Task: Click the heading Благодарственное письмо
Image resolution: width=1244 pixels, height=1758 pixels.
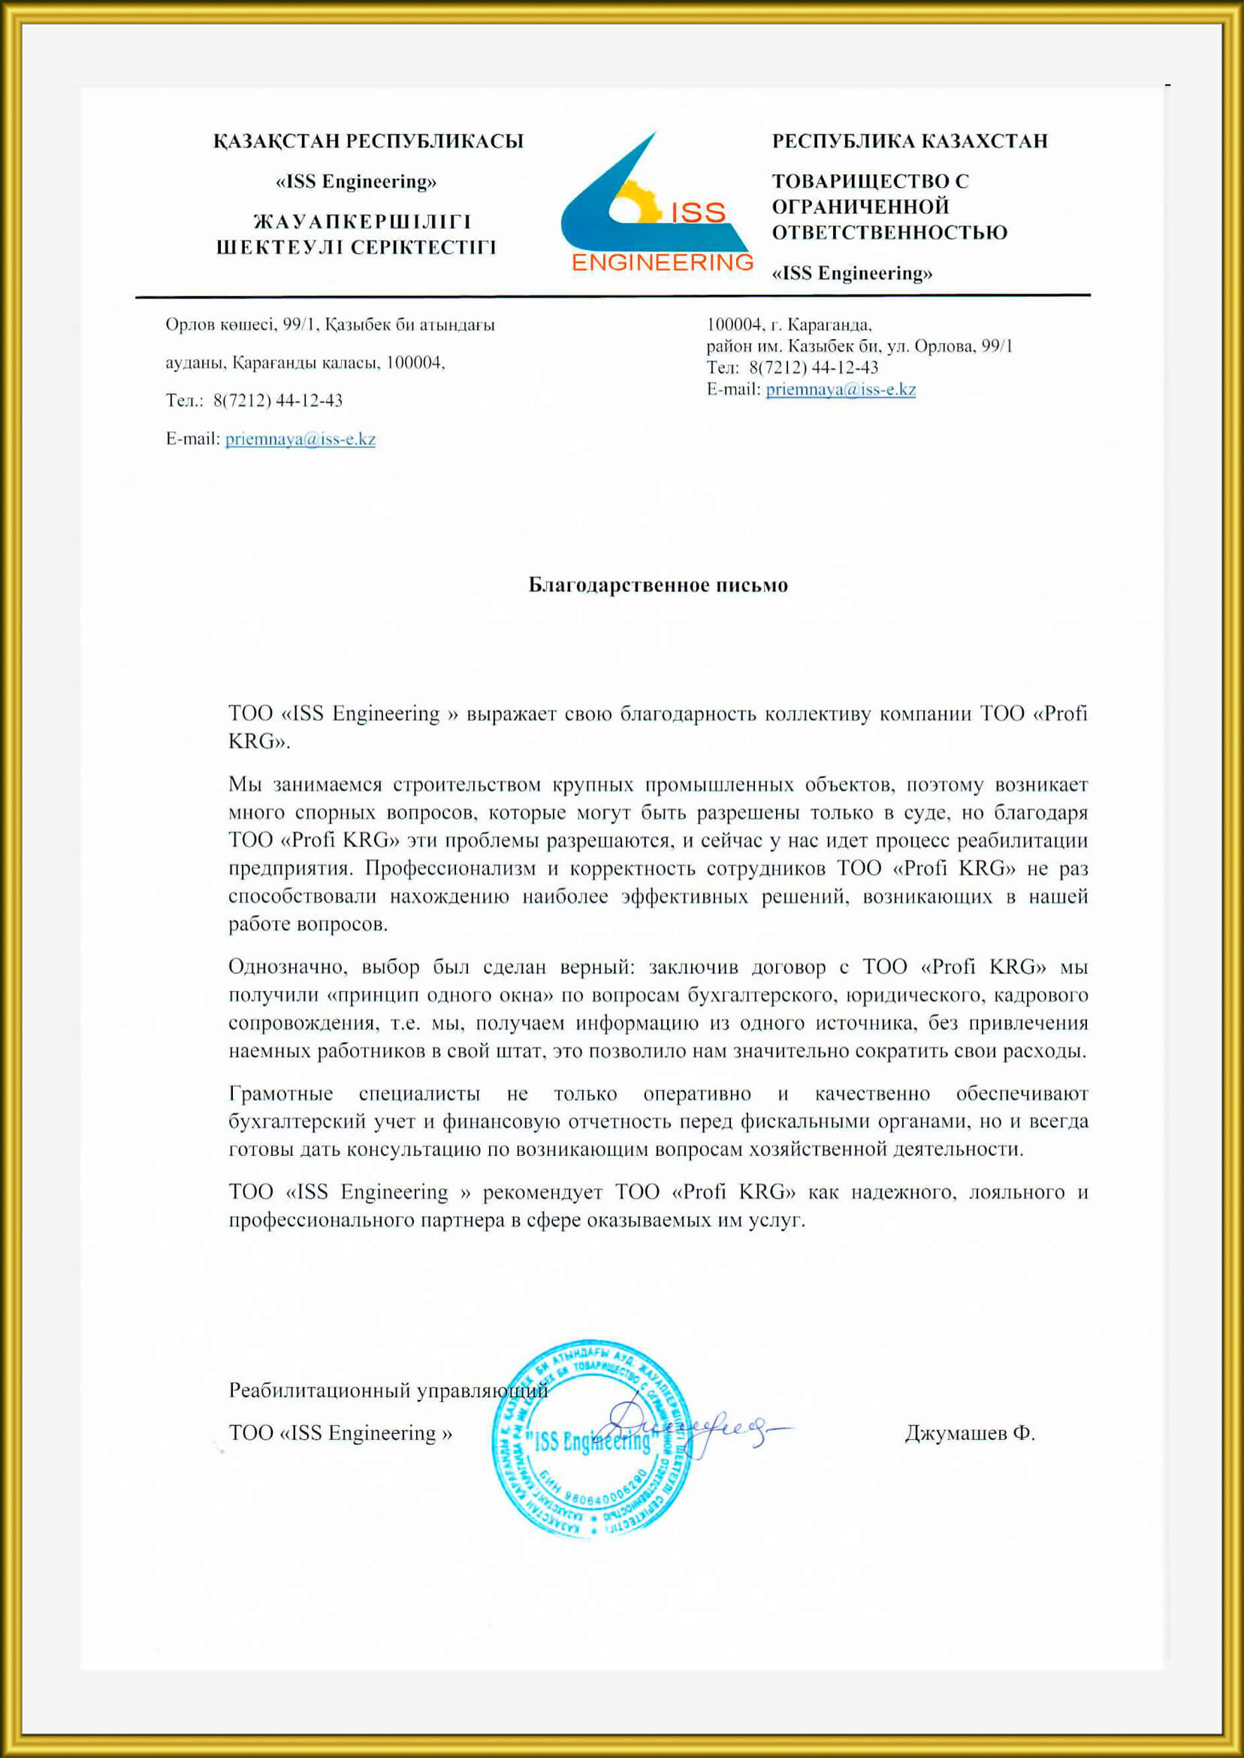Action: coord(657,585)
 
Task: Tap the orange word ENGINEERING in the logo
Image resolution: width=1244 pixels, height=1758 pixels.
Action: coord(663,263)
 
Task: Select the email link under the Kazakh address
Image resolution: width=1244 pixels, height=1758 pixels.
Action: coord(300,439)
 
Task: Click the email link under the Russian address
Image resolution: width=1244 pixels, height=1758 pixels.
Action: coord(841,389)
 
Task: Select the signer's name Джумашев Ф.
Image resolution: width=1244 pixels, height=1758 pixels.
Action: coord(969,1433)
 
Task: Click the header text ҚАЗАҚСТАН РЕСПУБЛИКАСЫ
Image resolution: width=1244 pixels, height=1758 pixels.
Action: coord(368,142)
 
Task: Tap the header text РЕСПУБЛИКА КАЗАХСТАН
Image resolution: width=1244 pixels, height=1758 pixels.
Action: coord(909,142)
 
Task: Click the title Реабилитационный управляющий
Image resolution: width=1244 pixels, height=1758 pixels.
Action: coord(387,1390)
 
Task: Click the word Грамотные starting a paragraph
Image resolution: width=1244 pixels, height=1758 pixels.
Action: coord(280,1094)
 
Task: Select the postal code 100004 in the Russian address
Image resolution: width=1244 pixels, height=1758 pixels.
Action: coord(733,324)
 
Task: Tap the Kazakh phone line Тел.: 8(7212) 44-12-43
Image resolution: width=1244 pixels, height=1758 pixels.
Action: coord(255,401)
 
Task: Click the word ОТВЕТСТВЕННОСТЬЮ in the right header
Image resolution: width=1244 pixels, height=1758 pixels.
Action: coord(889,233)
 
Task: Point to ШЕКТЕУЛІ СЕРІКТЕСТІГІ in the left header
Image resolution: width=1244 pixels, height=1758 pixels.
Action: coord(356,247)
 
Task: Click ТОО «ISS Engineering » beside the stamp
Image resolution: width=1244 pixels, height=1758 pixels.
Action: coord(340,1433)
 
